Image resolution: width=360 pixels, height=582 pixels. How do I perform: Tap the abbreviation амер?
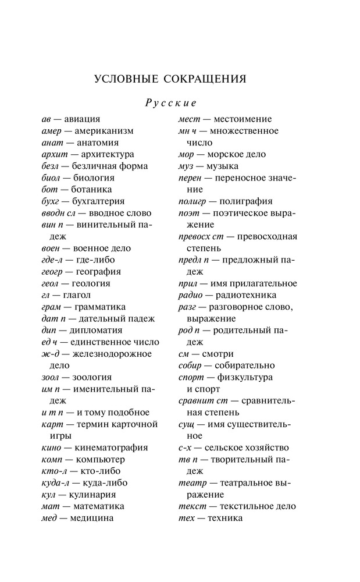click(x=52, y=131)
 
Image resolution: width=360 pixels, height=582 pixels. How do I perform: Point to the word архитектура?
click(x=108, y=154)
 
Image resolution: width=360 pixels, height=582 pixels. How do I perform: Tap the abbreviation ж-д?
click(x=50, y=354)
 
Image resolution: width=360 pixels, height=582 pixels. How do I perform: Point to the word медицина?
click(x=91, y=518)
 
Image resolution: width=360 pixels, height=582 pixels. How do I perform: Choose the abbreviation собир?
click(x=190, y=365)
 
